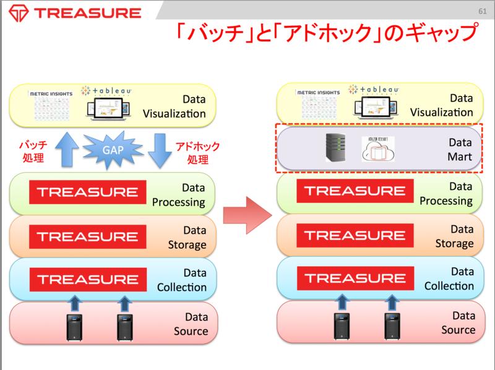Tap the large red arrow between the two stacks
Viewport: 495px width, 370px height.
[247, 213]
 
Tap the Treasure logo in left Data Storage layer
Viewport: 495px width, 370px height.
[87, 236]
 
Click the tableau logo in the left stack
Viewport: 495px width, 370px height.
[110, 91]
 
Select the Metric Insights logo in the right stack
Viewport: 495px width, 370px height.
[318, 92]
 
